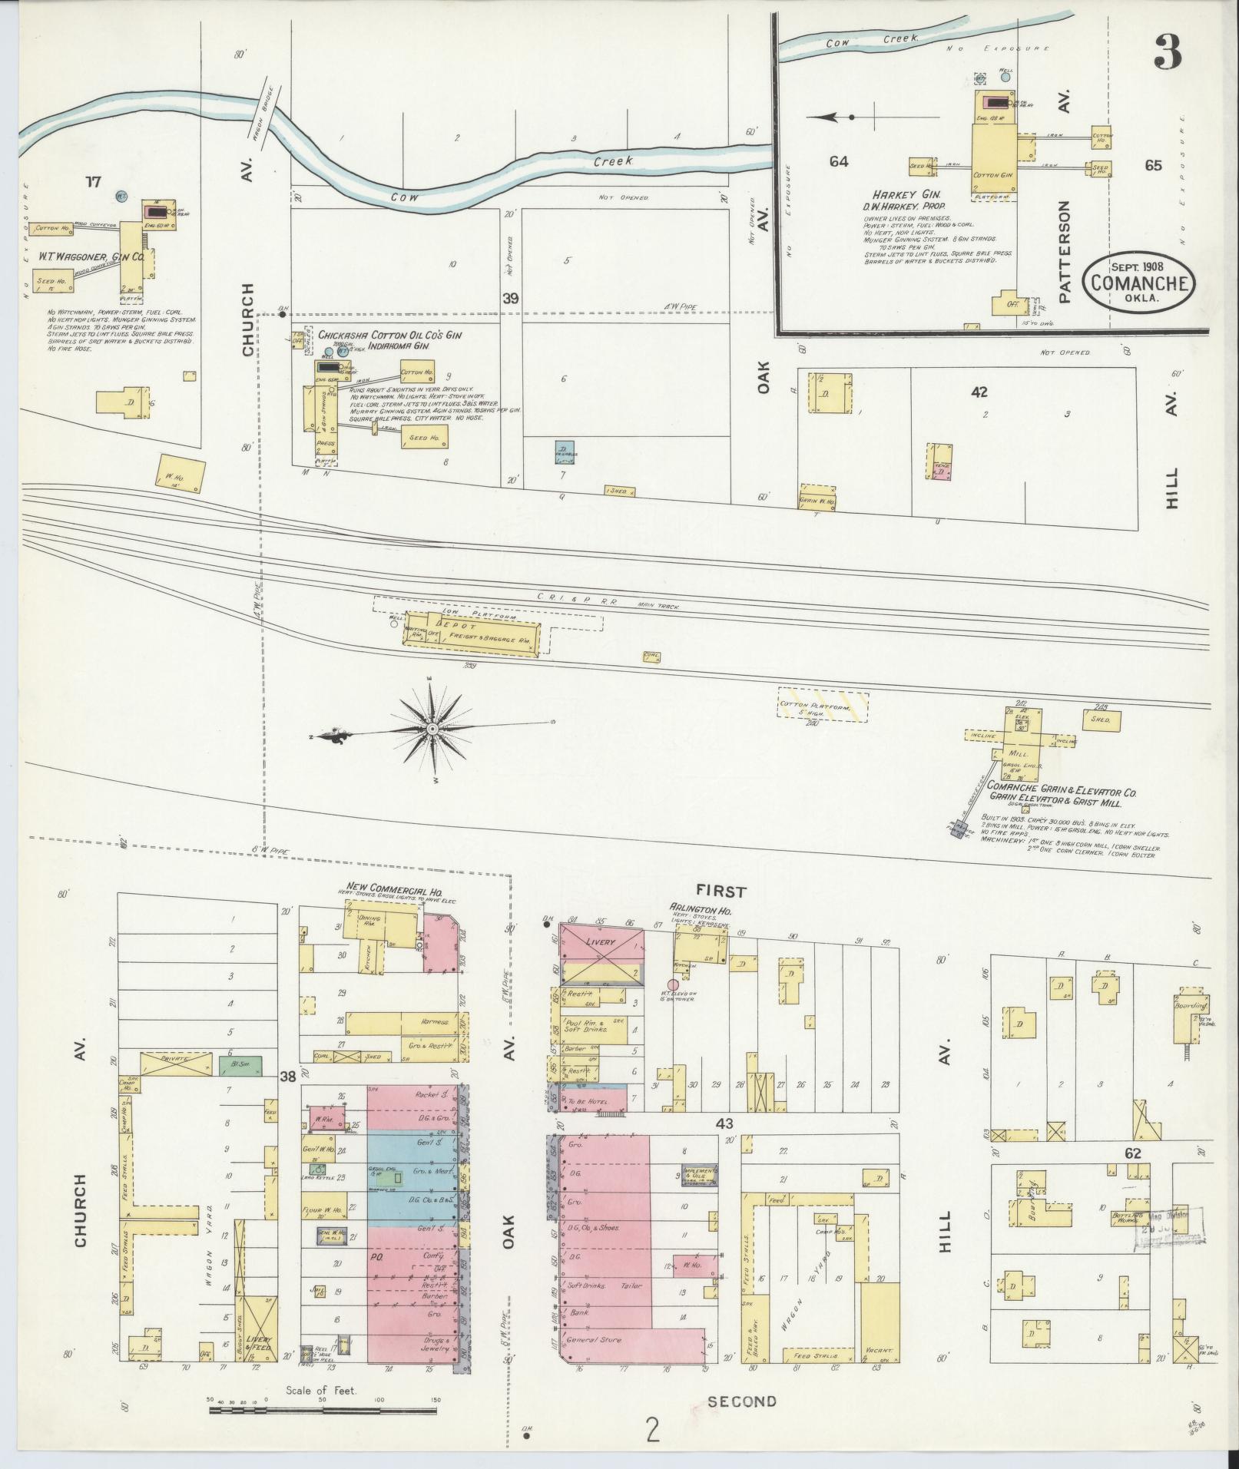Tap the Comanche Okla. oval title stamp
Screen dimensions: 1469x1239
(x=1138, y=283)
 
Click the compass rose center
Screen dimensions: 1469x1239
(x=433, y=727)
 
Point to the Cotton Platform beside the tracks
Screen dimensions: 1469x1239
(x=823, y=704)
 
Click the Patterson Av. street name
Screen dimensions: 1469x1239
(x=1064, y=253)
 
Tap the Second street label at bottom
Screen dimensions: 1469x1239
(x=741, y=1401)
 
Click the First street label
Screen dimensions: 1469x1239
(x=721, y=891)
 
